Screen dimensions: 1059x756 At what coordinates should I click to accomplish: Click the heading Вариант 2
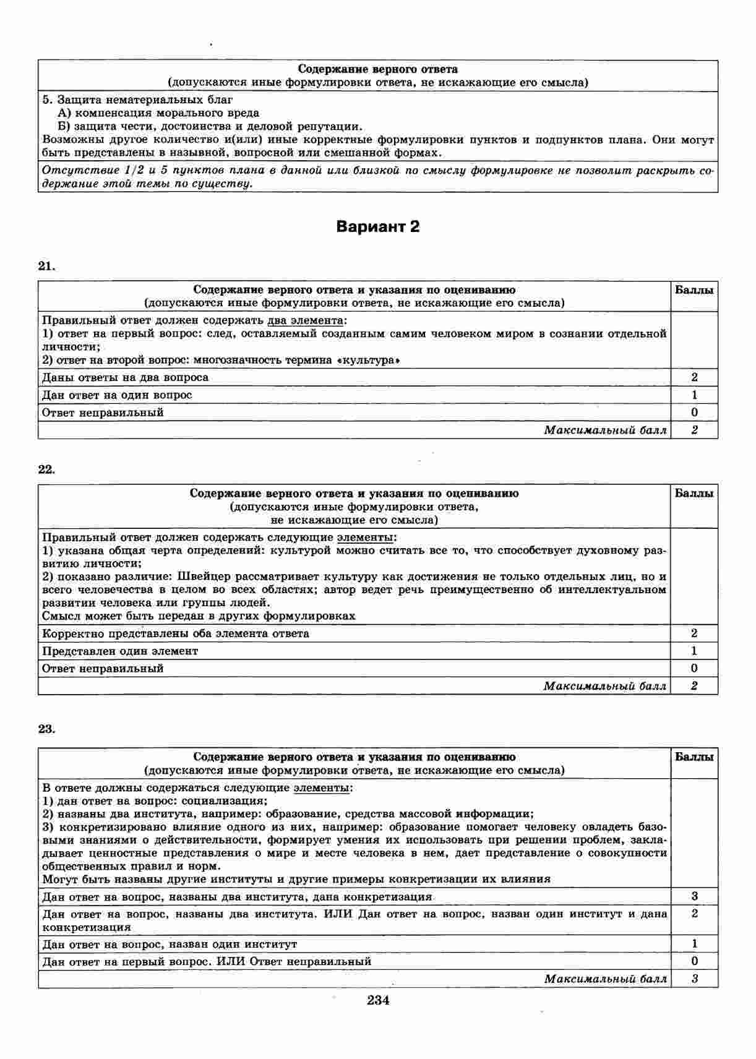[x=377, y=227]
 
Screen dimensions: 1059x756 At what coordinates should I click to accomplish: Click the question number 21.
[x=46, y=266]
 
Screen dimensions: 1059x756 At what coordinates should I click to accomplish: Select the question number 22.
[x=46, y=469]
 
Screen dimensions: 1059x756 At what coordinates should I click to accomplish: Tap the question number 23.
[x=46, y=729]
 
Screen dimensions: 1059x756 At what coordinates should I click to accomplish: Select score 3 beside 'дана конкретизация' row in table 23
[x=694, y=896]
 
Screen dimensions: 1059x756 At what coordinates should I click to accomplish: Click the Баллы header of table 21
[x=694, y=290]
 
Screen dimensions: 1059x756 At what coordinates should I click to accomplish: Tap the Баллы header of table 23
[x=694, y=757]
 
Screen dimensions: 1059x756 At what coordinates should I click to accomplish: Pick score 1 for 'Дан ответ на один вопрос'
[x=694, y=395]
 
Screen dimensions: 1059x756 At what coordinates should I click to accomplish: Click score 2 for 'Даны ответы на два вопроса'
[x=694, y=377]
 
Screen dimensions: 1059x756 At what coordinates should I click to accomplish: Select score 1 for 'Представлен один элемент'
[x=694, y=651]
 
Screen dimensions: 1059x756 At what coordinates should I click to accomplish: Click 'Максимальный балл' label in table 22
[x=604, y=685]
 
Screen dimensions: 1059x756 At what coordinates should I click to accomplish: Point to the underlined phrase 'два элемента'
[x=306, y=320]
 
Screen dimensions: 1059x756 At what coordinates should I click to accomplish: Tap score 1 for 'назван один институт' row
[x=694, y=944]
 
